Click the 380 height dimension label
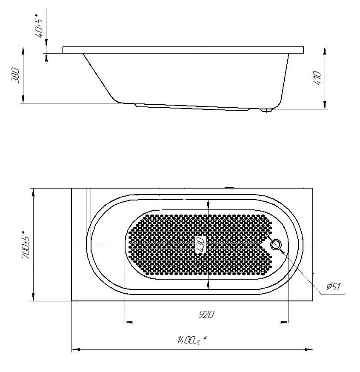pos(16,75)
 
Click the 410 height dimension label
pos(317,77)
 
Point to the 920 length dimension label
pos(206,315)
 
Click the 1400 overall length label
pos(191,341)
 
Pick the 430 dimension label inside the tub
pos(200,244)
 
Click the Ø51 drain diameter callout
pos(334,287)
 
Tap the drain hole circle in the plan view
pos(276,244)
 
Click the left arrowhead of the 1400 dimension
pos(76,349)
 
